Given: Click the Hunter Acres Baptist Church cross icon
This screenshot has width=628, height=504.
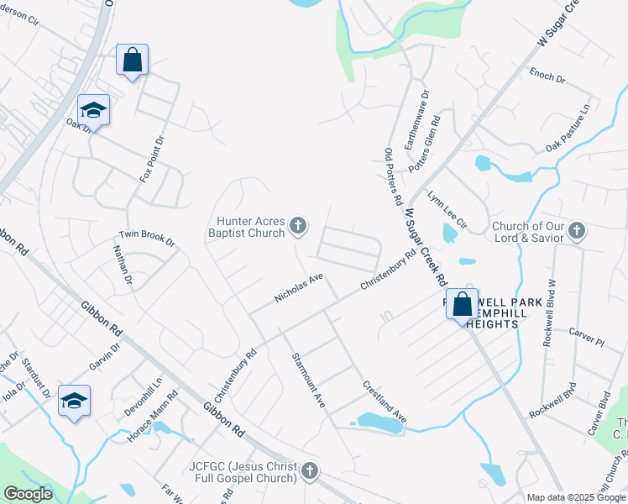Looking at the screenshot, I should click(x=297, y=225).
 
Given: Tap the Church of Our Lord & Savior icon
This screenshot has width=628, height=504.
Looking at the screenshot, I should click(x=576, y=230).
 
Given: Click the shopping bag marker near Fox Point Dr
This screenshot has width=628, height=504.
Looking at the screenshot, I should click(x=132, y=60).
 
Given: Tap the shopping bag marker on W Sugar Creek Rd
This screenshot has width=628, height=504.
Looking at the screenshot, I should click(x=462, y=305).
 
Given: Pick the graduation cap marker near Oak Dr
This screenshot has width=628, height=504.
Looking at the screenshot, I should click(x=93, y=111).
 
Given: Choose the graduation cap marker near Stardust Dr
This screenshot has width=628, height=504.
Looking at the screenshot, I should click(x=74, y=402).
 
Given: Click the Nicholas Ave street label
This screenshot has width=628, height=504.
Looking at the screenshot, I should click(x=299, y=287).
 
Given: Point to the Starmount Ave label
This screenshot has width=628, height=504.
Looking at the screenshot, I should click(x=308, y=381).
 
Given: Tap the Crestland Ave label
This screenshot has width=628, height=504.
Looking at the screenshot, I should click(x=385, y=402).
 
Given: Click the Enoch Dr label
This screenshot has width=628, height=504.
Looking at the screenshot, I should click(x=547, y=76).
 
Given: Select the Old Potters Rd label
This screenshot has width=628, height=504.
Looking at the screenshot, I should click(x=394, y=177).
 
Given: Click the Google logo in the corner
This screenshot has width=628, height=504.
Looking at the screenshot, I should click(x=29, y=494).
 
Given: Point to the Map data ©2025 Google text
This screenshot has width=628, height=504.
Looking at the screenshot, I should click(x=577, y=497).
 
